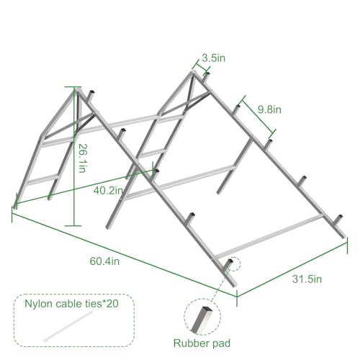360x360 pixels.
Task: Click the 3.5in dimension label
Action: pos(213,58)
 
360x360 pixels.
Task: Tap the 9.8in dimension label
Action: pos(269,109)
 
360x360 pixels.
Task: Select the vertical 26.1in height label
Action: pos(82,158)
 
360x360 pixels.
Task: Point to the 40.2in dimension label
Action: pos(108,191)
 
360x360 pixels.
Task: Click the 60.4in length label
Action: pos(104,261)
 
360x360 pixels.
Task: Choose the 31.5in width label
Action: pos(307,279)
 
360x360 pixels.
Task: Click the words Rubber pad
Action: pos(202,343)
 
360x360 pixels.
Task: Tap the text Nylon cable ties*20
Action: pos(71,304)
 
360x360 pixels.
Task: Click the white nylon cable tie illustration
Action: pos(68,326)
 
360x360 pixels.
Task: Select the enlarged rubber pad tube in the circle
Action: pos(202,320)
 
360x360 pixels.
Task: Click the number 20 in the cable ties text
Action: pos(112,304)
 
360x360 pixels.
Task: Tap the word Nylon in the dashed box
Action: pos(38,305)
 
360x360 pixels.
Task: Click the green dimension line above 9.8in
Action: pos(258,114)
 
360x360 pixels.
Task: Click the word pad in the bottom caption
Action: pos(221,344)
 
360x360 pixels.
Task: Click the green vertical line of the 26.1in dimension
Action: pos(74,156)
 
